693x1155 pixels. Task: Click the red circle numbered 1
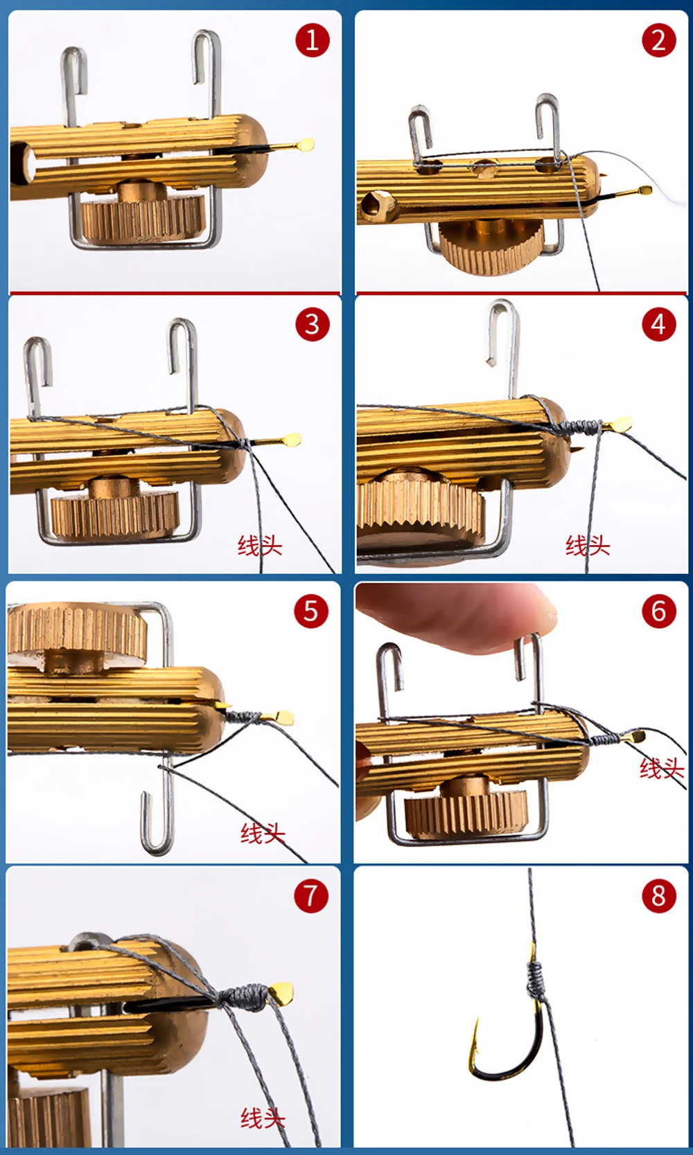click(x=312, y=40)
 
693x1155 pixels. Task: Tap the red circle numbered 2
click(x=659, y=40)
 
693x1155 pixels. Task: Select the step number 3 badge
click(x=312, y=324)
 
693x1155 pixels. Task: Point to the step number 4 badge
click(x=659, y=324)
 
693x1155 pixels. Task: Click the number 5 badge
click(x=311, y=611)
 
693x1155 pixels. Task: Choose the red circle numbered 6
click(x=659, y=611)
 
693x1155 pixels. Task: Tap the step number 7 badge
click(x=311, y=896)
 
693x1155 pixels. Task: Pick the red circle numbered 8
click(x=659, y=896)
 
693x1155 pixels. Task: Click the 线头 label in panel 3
click(x=260, y=546)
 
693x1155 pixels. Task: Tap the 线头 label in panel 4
click(x=588, y=546)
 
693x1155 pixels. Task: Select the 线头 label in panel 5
click(x=263, y=834)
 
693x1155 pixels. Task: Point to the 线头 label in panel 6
click(x=662, y=769)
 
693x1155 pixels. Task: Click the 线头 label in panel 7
click(x=263, y=1118)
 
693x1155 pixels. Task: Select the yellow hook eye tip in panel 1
click(x=306, y=144)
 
